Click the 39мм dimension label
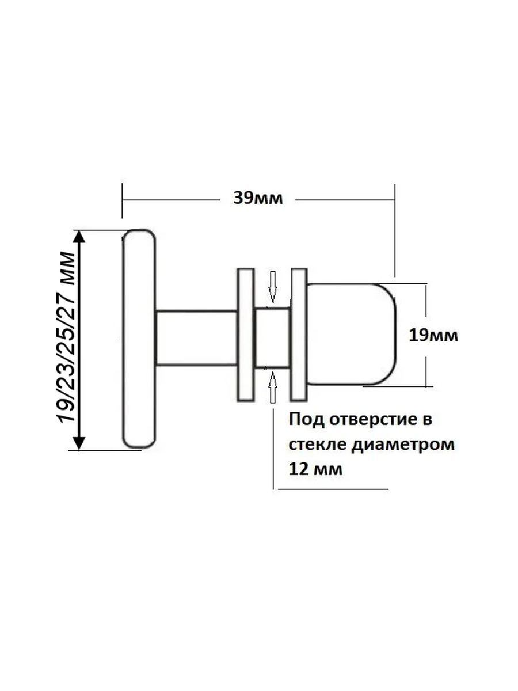(x=258, y=199)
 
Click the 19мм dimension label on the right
(x=433, y=335)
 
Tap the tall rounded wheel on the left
(x=139, y=339)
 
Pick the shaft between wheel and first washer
(x=196, y=338)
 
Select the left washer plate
(x=246, y=335)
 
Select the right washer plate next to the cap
(x=299, y=335)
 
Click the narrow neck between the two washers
(x=272, y=338)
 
